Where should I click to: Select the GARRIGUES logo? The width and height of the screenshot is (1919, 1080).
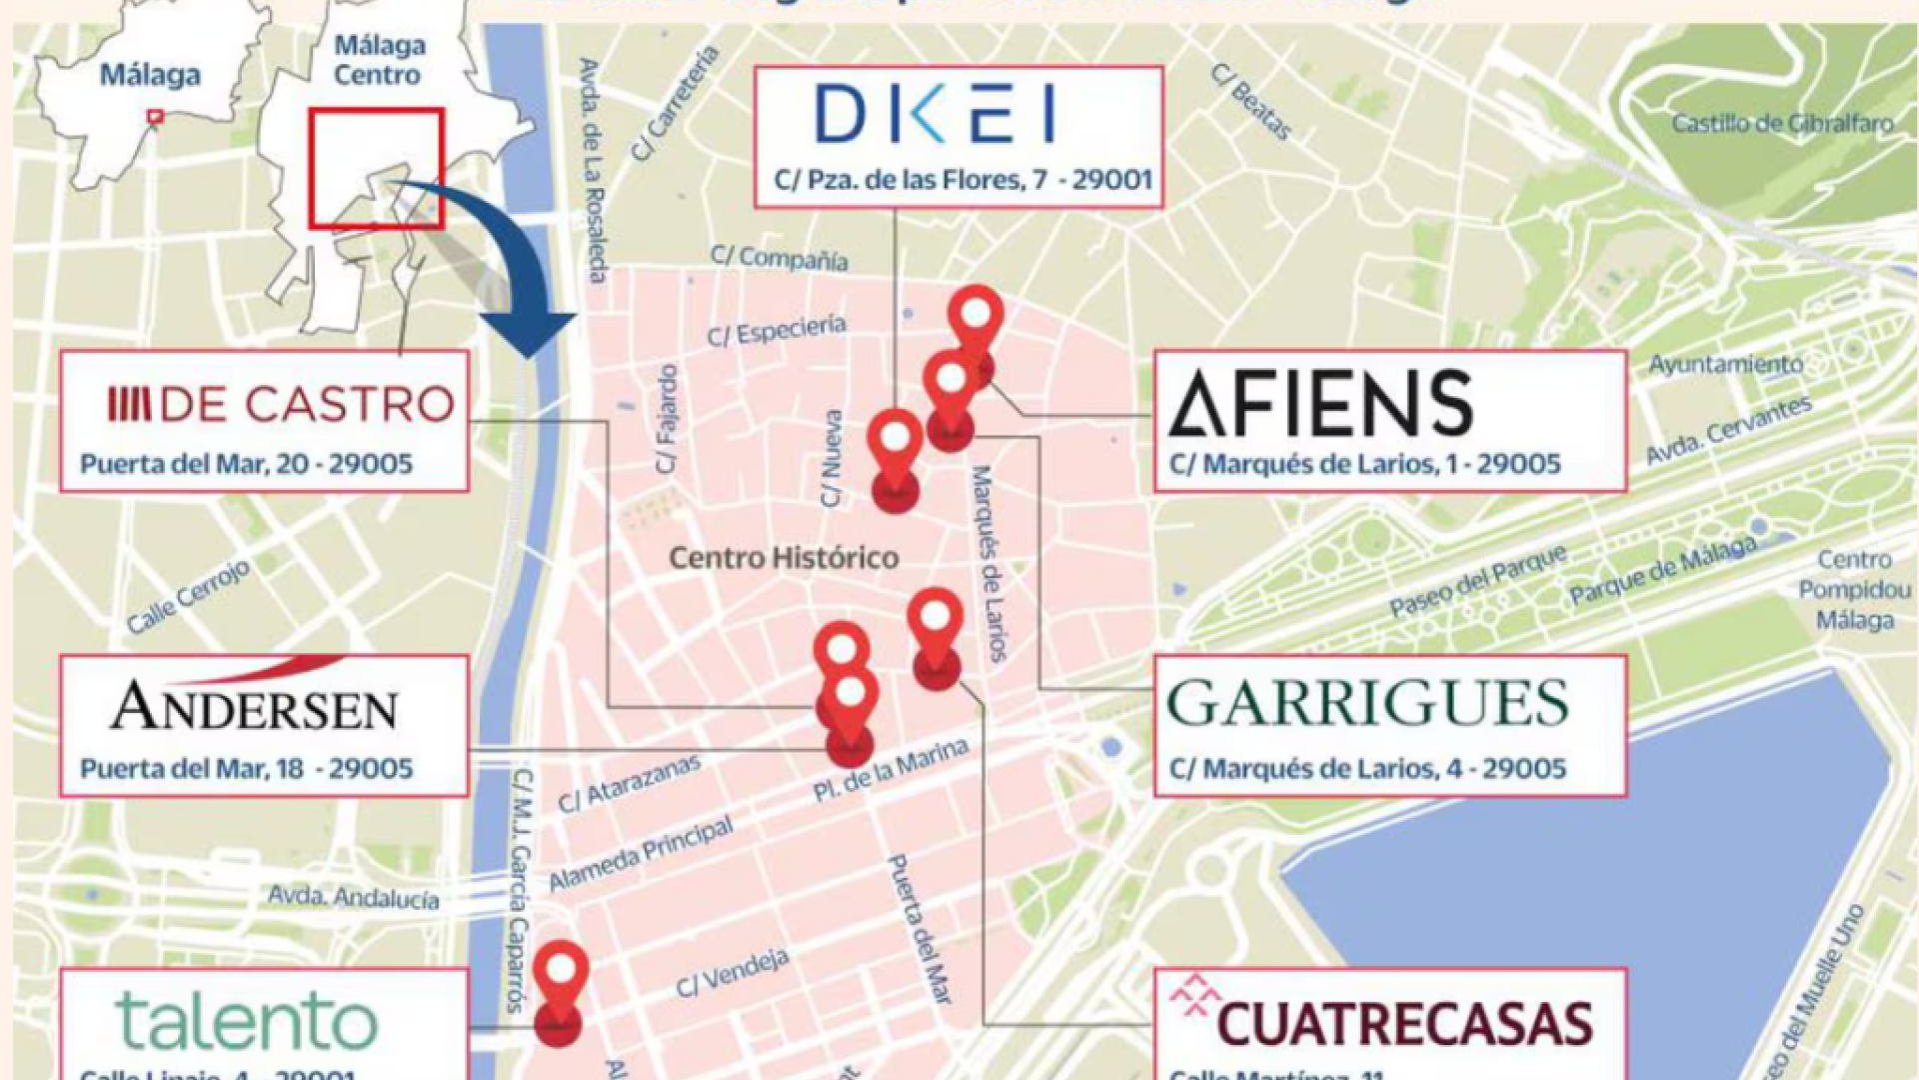[x=1367, y=704]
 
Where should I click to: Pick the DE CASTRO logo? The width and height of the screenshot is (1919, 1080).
[x=281, y=404]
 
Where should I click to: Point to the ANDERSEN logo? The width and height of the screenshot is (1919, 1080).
[x=254, y=706]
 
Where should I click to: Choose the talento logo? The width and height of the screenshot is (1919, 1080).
[x=247, y=1021]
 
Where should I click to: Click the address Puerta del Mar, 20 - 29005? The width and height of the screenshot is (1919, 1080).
[x=247, y=464]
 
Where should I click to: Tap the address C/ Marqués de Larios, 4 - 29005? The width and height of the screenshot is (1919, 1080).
[x=1367, y=769]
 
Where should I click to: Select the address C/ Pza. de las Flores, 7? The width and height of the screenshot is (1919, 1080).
[x=962, y=180]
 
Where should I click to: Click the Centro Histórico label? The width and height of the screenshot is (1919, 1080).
[x=784, y=558]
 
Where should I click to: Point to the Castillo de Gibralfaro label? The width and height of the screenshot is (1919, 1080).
[x=1782, y=124]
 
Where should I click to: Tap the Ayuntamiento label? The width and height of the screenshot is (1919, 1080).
[x=1725, y=364]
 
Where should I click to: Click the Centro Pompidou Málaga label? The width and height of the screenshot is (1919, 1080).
[x=1854, y=590]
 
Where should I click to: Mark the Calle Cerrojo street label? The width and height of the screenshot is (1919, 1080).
[x=188, y=598]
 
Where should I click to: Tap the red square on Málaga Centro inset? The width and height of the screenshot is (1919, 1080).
[x=376, y=168]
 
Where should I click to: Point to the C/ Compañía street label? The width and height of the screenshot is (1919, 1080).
[x=779, y=258]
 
